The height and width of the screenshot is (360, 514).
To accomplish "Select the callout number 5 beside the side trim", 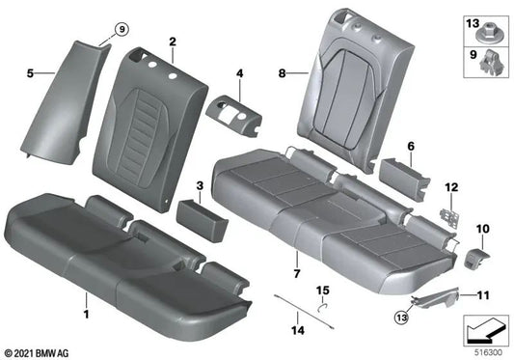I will (x=30, y=72).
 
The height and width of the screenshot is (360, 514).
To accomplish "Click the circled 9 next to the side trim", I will (x=122, y=30).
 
